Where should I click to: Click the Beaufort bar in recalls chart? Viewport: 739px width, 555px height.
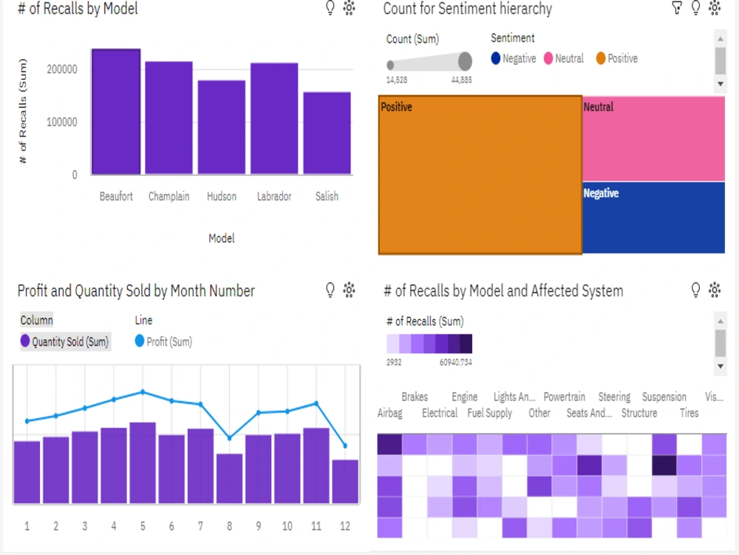point(116,112)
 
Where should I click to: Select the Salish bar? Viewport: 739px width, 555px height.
point(327,133)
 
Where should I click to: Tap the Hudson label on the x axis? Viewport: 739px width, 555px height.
point(222,196)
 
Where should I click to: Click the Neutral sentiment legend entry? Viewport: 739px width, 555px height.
point(563,58)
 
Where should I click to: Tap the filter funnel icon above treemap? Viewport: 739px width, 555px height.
point(676,8)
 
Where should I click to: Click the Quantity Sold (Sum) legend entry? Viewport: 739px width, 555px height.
point(65,342)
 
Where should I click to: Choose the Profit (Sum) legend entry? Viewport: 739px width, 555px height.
point(164,342)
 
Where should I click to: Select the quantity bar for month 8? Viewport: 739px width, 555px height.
point(229,478)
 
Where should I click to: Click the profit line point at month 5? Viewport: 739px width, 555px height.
point(143,391)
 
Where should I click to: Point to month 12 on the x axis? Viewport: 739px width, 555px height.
point(345,526)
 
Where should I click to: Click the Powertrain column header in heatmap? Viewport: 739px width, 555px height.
point(564,397)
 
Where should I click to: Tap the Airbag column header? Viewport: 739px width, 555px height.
point(389,413)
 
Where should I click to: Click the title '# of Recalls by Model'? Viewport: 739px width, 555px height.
point(78,9)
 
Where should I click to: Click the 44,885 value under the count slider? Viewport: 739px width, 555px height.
point(461,79)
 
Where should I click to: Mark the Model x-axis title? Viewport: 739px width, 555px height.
point(222,238)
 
